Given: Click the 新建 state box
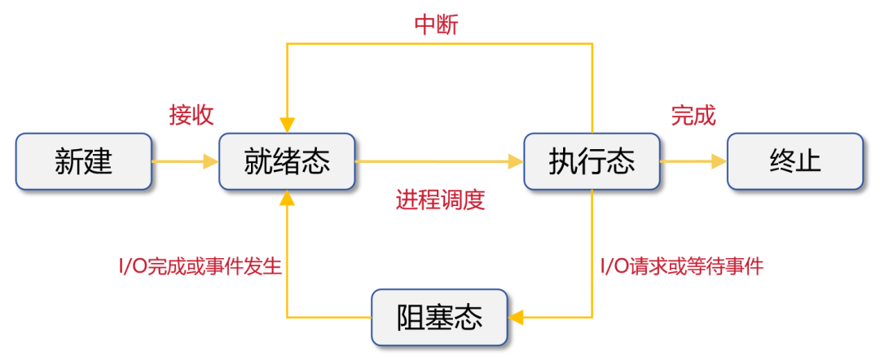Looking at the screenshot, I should pos(84,161).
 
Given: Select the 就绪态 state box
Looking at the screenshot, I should pos(287,161).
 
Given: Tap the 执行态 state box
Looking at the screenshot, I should pos(592,161).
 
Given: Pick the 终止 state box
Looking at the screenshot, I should pos(794,161).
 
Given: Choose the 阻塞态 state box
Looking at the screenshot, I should pos(439,316).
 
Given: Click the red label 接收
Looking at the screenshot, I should pos(191,115).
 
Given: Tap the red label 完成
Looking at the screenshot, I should pos(693,116).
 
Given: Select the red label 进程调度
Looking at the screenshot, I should pos(440,200).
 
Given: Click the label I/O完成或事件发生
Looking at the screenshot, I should pos(200,266).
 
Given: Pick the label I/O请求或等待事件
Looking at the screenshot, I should pos(681,266).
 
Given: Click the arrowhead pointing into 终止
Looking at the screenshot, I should pos(719,161).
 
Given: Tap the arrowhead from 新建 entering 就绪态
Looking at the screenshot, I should pos(210,161).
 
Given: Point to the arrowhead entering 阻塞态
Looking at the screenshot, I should pos(515,316).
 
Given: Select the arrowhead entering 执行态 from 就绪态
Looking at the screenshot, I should pos(515,161).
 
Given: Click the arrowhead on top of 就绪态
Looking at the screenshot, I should pos(287,125).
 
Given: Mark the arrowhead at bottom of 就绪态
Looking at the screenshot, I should pos(287,198).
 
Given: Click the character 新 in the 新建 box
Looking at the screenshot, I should pos(69,161).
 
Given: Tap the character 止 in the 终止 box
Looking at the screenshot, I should pos(809,161).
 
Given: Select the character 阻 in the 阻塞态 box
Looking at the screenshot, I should pos(411,316).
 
